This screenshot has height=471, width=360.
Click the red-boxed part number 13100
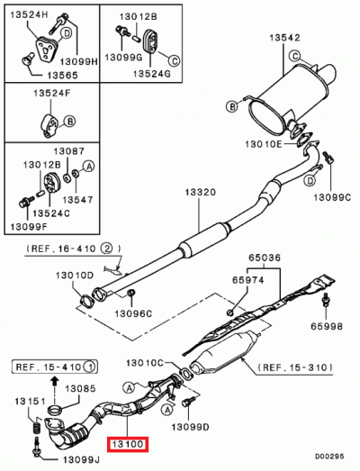tap(128, 443)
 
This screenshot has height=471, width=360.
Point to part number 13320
tap(201, 193)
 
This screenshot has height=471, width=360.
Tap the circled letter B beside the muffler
tap(232, 107)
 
